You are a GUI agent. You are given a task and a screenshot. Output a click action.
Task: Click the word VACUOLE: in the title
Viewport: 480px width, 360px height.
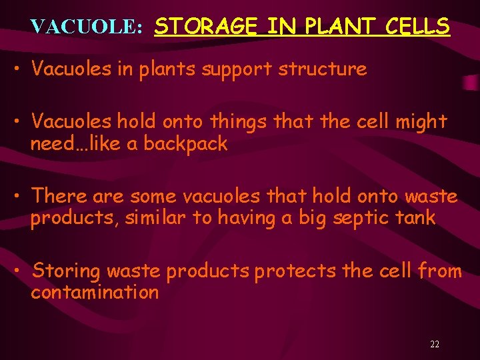pos(87,27)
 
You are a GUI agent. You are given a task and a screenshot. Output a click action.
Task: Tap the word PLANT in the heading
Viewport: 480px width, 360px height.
pos(331,27)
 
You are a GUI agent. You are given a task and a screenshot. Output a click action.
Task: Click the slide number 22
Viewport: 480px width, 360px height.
pos(435,345)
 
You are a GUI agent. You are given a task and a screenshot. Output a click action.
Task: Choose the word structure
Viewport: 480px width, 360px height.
pos(327,69)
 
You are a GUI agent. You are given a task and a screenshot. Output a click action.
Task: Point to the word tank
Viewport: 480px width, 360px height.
pos(417,218)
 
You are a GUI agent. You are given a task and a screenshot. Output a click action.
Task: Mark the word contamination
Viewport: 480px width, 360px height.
pos(94,293)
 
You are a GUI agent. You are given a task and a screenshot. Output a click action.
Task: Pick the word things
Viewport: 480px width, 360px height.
pos(239,123)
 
